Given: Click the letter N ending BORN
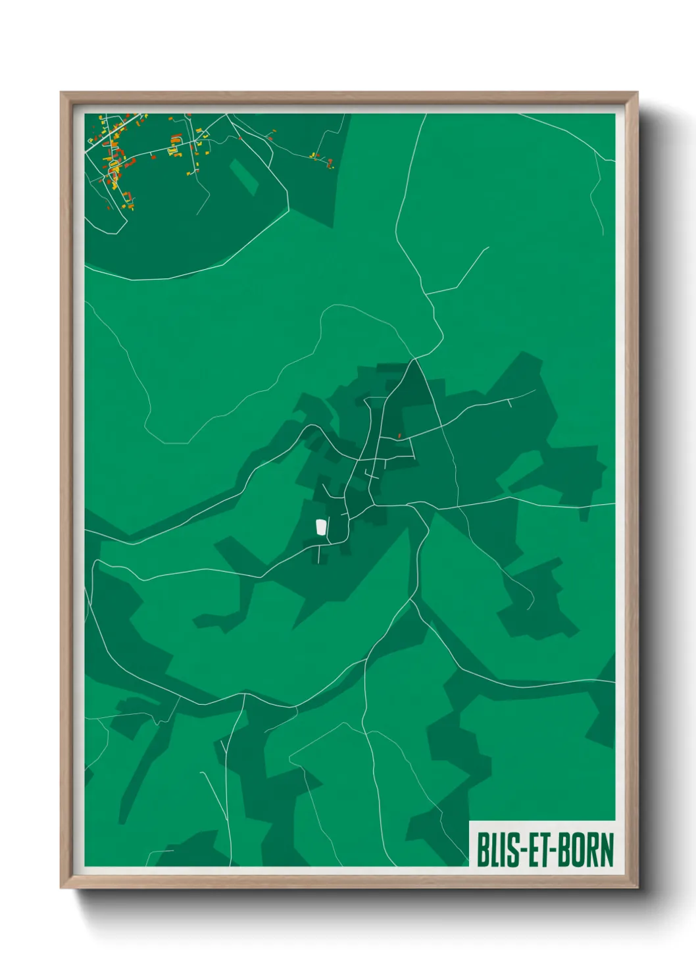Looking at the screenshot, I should pyautogui.click(x=606, y=850).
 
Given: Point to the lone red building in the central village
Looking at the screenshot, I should pyautogui.click(x=399, y=436).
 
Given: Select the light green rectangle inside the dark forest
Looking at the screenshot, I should pyautogui.click(x=244, y=176).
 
